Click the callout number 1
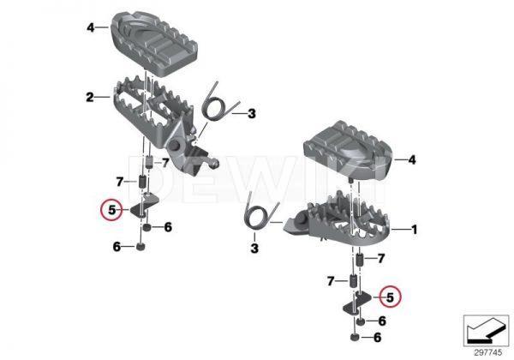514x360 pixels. pos(415,230)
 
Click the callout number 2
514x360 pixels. pos(89,98)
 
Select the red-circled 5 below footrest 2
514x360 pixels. pos(108,208)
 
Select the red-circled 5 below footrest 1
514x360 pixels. pos(390,297)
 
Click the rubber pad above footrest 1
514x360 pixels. pos(344,150)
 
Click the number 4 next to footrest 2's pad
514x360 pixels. pos(89,27)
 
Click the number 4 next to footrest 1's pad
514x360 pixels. pos(411,159)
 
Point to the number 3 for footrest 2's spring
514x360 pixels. pos(251,113)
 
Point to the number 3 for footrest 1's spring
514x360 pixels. pos(254,249)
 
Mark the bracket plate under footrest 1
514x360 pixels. pos(355,299)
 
